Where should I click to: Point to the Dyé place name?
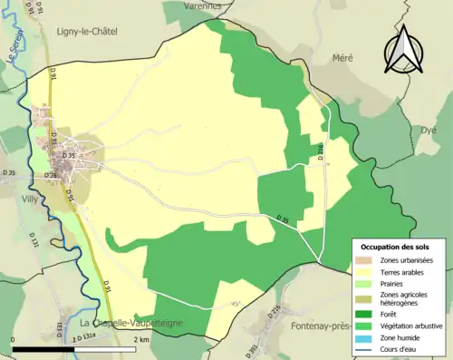(429, 130)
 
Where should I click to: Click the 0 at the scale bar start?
(14, 339)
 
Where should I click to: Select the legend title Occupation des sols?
(398, 247)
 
